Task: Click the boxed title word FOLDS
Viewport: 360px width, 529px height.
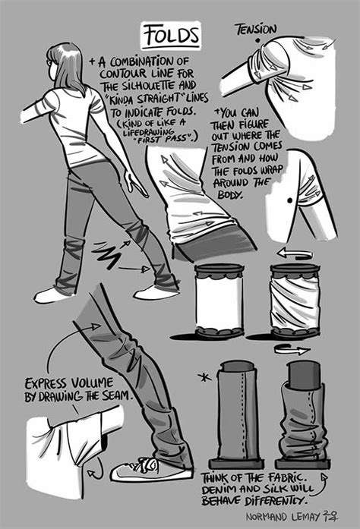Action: click(x=171, y=36)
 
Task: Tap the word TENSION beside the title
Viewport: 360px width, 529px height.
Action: click(x=256, y=30)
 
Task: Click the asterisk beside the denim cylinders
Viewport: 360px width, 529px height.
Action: click(x=204, y=377)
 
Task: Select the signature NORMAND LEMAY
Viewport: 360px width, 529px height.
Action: click(x=283, y=517)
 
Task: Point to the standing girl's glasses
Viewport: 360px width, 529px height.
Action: click(x=50, y=62)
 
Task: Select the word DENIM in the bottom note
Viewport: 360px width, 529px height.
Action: click(x=219, y=490)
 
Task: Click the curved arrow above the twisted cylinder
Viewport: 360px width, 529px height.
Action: click(x=293, y=253)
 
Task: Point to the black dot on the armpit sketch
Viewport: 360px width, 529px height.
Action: click(x=289, y=200)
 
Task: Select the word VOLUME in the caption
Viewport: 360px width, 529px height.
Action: click(x=92, y=383)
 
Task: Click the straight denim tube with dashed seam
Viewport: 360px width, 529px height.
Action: click(x=236, y=414)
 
